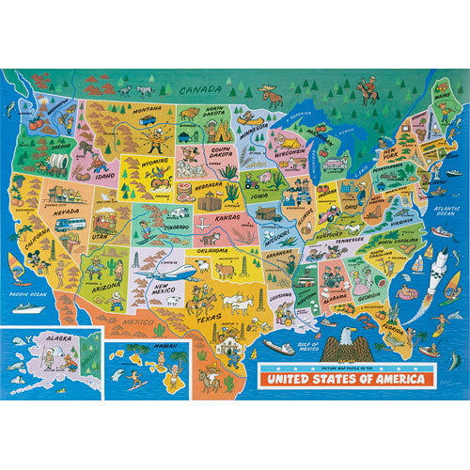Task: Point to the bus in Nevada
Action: coord(75,226)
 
